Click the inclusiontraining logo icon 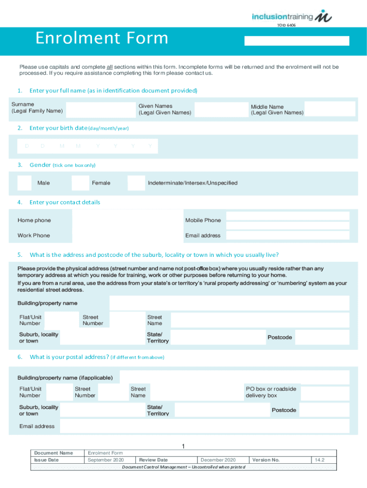(x=326, y=16)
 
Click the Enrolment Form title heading (x=102, y=38)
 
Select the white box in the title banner (x=296, y=41)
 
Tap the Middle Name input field (x=330, y=109)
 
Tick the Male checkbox (x=25, y=183)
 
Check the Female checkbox (x=80, y=183)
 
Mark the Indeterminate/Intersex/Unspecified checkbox (x=136, y=183)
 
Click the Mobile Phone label (x=203, y=220)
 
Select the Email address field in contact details (x=287, y=235)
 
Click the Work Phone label (x=34, y=235)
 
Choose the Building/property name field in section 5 (x=229, y=303)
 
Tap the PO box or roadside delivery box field (x=325, y=393)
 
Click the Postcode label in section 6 (x=284, y=410)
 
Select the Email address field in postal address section (x=204, y=426)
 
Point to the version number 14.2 (x=319, y=460)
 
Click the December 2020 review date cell (x=218, y=460)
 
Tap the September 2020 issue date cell (x=106, y=460)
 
